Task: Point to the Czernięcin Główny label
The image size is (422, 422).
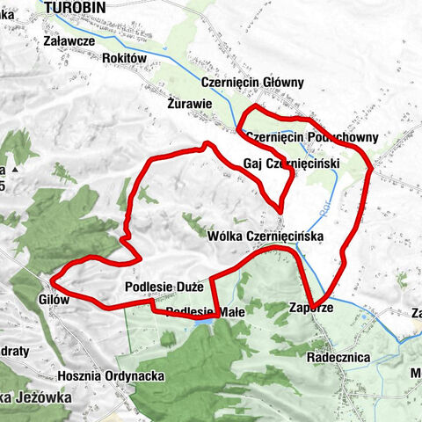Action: pyautogui.click(x=252, y=83)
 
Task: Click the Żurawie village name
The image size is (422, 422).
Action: pyautogui.click(x=189, y=103)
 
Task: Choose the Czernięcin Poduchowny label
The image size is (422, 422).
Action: pyautogui.click(x=312, y=137)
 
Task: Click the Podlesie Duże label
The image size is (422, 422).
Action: pyautogui.click(x=164, y=287)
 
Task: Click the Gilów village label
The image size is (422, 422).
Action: pyautogui.click(x=30, y=300)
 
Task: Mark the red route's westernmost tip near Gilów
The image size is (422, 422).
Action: pyautogui.click(x=53, y=280)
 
